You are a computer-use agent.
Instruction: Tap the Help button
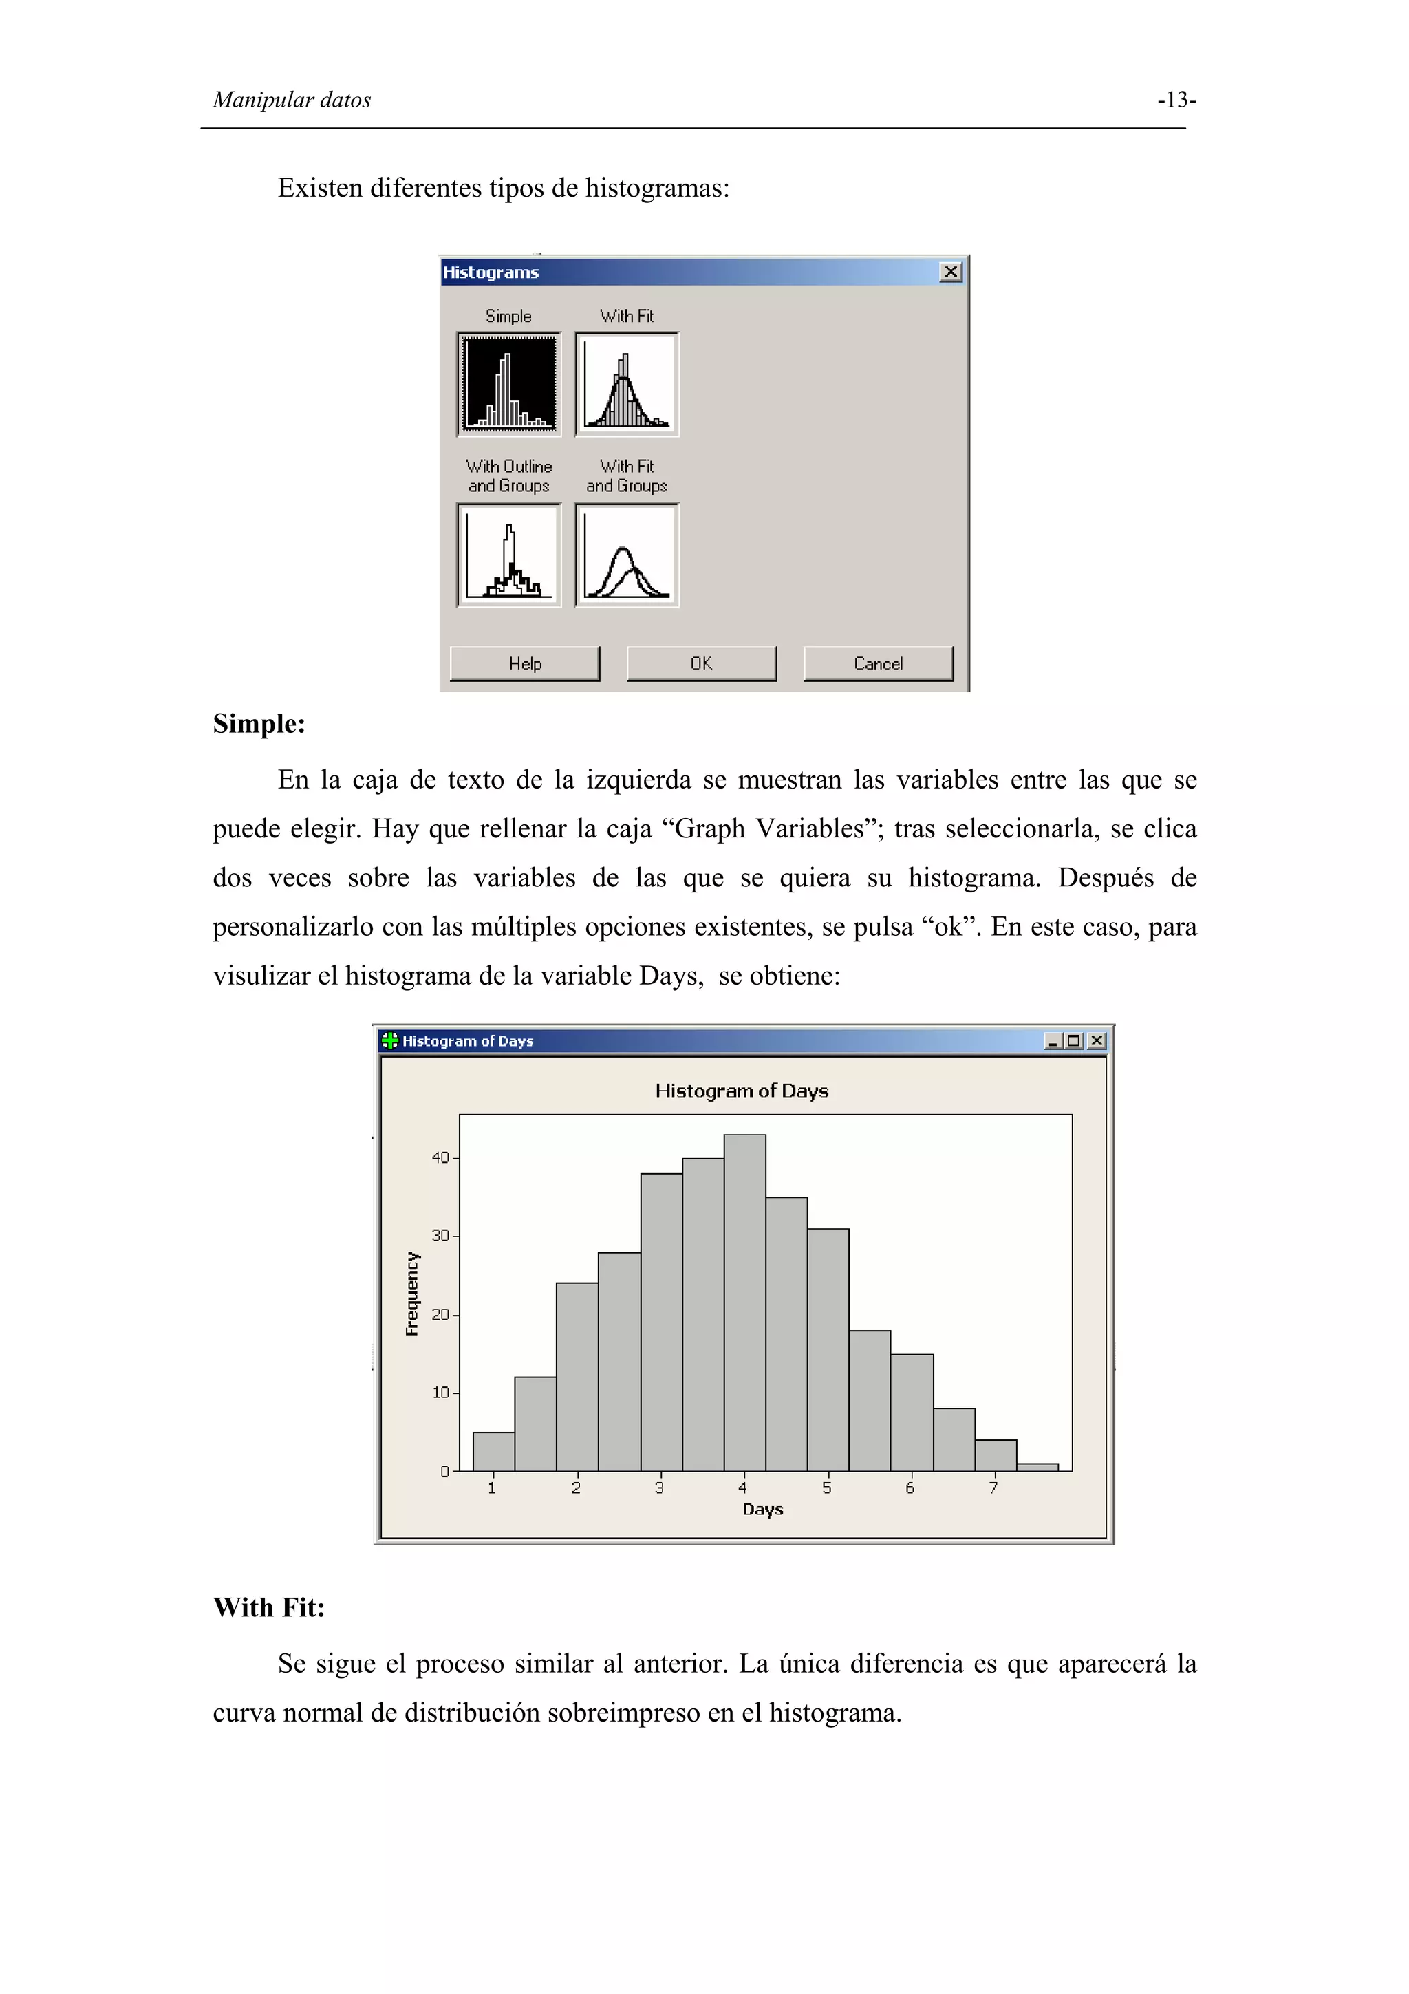(524, 663)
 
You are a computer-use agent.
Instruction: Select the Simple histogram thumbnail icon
(508, 384)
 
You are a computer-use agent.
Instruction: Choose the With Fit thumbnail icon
(626, 384)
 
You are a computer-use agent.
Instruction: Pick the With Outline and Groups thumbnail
(508, 555)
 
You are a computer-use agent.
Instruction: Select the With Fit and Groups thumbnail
(626, 555)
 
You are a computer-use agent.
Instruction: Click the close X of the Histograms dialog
(951, 272)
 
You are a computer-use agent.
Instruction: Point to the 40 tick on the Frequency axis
(441, 1158)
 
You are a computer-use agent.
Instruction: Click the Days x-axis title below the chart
(762, 1510)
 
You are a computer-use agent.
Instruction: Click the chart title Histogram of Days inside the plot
(742, 1091)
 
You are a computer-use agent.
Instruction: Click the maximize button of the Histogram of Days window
(1074, 1040)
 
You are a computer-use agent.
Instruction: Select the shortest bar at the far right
(1037, 1467)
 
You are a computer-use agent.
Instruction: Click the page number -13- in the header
(1176, 100)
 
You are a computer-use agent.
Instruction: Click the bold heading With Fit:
(269, 1607)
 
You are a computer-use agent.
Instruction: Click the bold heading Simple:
(259, 723)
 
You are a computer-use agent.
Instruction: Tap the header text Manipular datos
(292, 100)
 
